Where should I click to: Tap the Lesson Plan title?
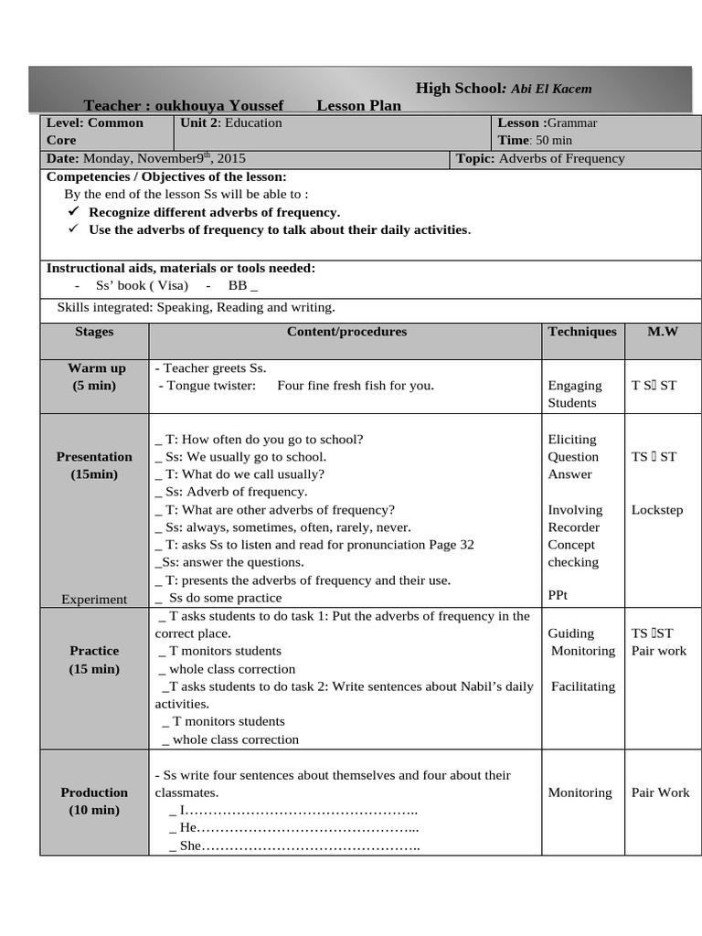pyautogui.click(x=358, y=106)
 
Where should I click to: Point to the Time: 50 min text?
pyautogui.click(x=535, y=140)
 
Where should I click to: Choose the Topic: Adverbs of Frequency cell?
pyautogui.click(x=540, y=158)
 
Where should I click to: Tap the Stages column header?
pyautogui.click(x=94, y=332)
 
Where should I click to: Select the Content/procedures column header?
pyautogui.click(x=346, y=332)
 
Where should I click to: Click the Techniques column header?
pyautogui.click(x=582, y=332)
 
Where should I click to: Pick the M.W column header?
pyautogui.click(x=663, y=332)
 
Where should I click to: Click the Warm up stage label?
pyautogui.click(x=97, y=368)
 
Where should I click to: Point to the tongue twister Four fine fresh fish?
pyautogui.click(x=355, y=386)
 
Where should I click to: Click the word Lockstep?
pyautogui.click(x=656, y=510)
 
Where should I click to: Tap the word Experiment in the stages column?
pyautogui.click(x=94, y=600)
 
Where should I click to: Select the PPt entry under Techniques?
pyautogui.click(x=558, y=595)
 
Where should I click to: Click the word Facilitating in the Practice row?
pyautogui.click(x=583, y=686)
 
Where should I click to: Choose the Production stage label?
pyautogui.click(x=94, y=792)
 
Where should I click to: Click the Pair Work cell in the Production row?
pyautogui.click(x=660, y=792)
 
